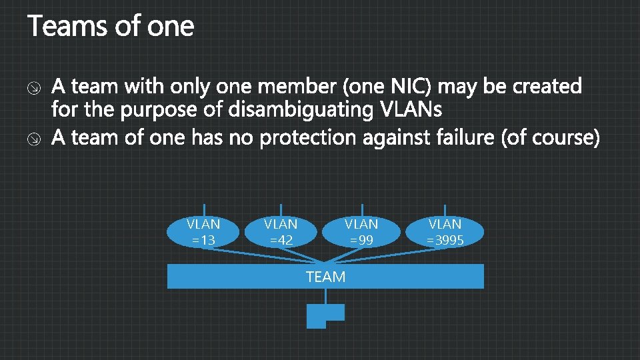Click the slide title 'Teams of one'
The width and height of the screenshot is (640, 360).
coord(111,27)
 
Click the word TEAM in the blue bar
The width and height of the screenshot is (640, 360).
coord(325,277)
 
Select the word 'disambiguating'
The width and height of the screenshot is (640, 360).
coord(301,109)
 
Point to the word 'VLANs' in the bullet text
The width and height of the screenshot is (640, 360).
coord(410,109)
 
